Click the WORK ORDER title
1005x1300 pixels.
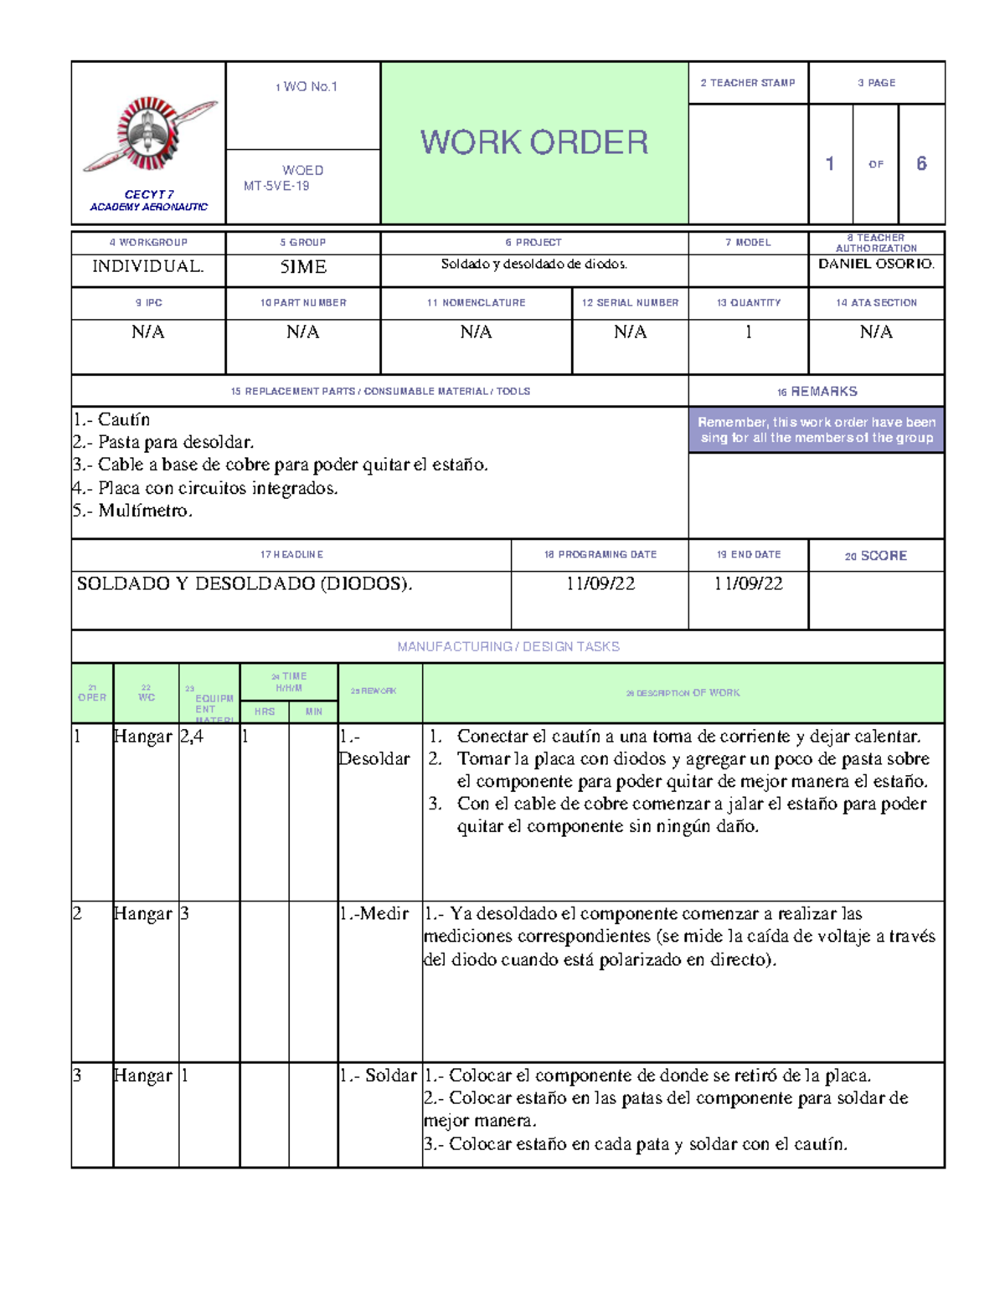534,142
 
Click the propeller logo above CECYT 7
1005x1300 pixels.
150,134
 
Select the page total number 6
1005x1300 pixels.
921,163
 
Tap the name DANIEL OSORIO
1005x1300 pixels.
876,264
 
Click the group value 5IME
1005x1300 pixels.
302,267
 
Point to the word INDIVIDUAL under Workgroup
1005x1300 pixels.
147,267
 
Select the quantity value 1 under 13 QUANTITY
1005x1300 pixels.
748,332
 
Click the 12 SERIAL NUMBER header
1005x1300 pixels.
630,302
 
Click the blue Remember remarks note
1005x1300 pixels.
816,429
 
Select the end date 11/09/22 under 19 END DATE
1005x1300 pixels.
748,584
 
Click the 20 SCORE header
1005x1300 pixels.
876,556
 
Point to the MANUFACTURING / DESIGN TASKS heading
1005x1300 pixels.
508,646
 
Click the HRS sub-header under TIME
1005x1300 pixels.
265,712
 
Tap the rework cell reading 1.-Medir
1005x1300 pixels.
374,914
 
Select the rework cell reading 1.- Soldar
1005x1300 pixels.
378,1076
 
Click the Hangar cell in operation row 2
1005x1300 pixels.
142,914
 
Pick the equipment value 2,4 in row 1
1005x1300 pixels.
192,737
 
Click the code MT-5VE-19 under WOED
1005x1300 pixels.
276,186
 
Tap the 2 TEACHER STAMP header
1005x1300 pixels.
748,83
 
